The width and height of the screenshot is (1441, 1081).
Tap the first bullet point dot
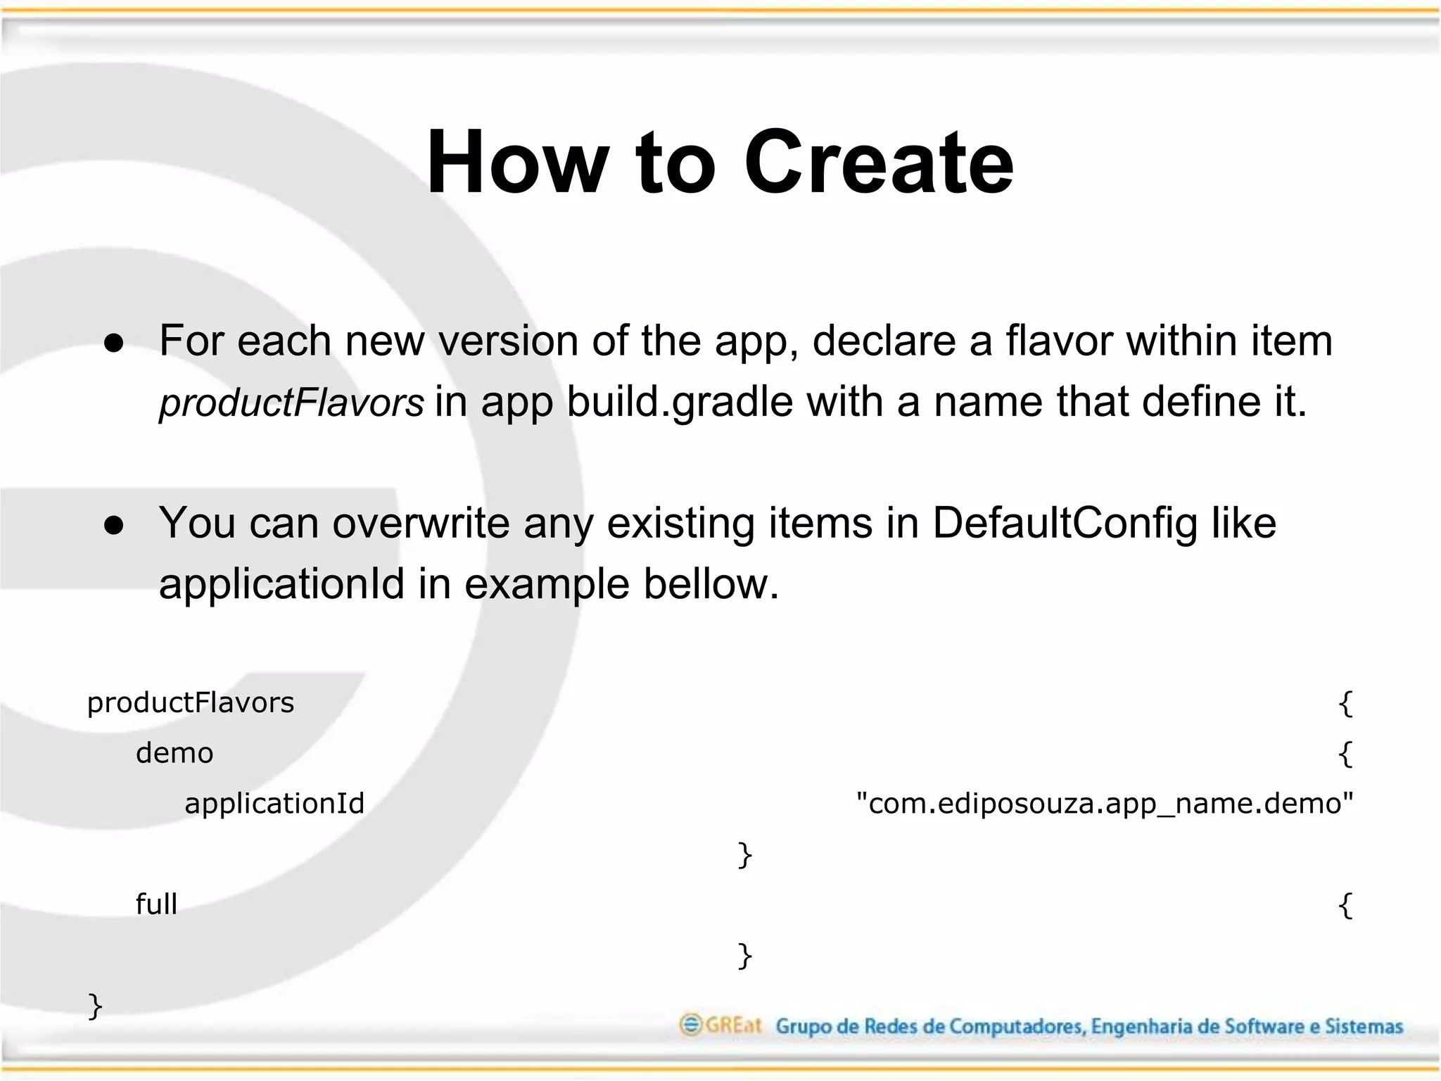(x=114, y=343)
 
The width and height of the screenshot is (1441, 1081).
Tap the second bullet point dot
(x=114, y=525)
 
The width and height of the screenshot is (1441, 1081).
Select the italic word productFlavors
(x=291, y=403)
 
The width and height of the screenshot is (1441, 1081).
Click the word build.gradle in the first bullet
(x=680, y=403)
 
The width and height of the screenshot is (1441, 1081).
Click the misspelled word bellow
(x=711, y=584)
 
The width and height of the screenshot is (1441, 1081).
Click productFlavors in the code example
(x=191, y=703)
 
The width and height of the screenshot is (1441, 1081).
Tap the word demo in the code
(x=174, y=754)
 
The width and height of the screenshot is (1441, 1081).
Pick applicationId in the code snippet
(x=274, y=804)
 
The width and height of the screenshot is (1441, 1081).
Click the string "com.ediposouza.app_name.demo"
(x=1105, y=804)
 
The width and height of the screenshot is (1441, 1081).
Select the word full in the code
(x=156, y=904)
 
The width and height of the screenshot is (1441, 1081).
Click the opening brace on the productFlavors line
(x=1345, y=703)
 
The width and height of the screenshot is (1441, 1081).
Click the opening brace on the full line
(x=1345, y=905)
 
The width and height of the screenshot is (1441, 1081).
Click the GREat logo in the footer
(x=720, y=1025)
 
